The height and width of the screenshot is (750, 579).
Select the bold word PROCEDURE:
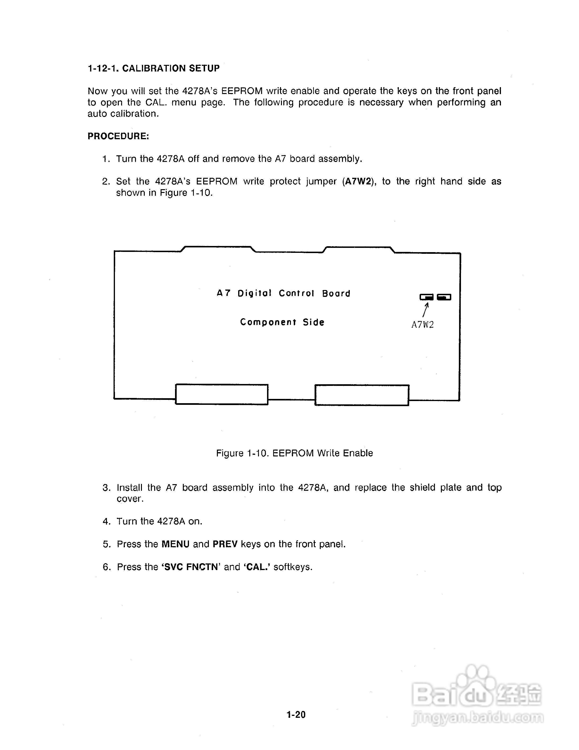coord(118,136)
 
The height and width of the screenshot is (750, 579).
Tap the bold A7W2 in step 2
coord(358,181)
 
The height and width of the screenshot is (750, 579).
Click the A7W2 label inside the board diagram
coord(423,325)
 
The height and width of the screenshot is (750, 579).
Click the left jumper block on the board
coord(426,297)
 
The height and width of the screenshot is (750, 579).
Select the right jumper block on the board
coord(444,297)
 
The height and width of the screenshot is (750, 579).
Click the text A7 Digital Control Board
coord(283,293)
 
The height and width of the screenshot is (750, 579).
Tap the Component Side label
coord(282,322)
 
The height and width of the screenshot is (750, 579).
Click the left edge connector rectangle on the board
coord(222,394)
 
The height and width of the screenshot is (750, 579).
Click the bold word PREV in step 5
coord(225,544)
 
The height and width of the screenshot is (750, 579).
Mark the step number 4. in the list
coord(106,521)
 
